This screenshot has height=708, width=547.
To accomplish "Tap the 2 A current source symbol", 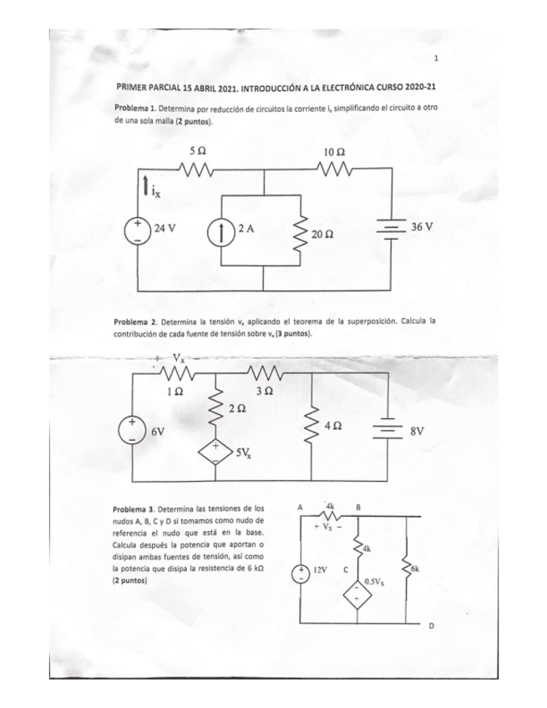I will [x=223, y=230].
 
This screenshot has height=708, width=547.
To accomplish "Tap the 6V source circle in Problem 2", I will [x=134, y=427].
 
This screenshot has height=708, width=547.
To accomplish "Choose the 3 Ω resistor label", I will [x=265, y=390].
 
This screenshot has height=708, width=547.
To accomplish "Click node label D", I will [x=432, y=625].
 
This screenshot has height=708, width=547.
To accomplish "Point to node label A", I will [x=300, y=507].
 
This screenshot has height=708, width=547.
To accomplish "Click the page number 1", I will [x=436, y=59].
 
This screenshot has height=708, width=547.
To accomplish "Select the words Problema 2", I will [x=135, y=321].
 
